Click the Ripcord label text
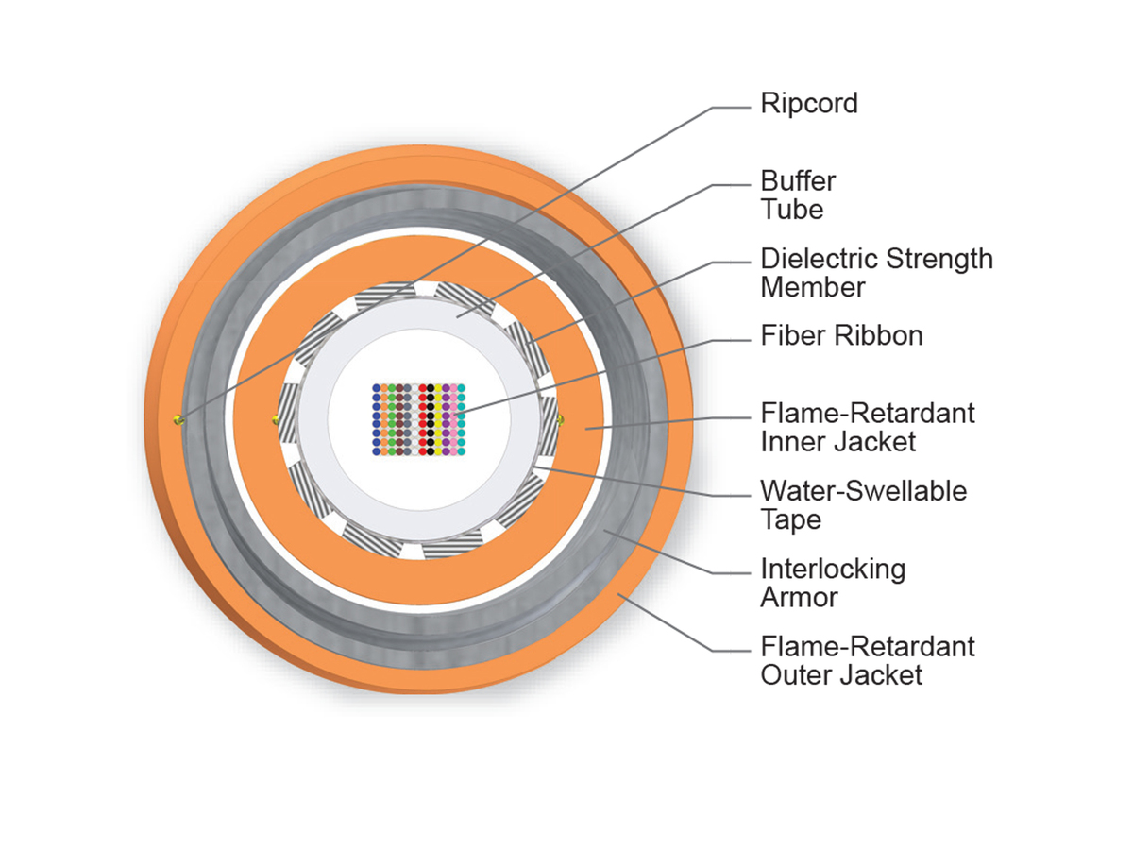809,103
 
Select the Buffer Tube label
799,195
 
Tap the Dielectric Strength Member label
876,272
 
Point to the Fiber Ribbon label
841,335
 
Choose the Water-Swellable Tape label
863,504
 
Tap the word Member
813,286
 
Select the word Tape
790,519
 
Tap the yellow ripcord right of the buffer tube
560,417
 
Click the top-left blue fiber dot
377,387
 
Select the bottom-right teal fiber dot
462,452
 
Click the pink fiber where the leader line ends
453,411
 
